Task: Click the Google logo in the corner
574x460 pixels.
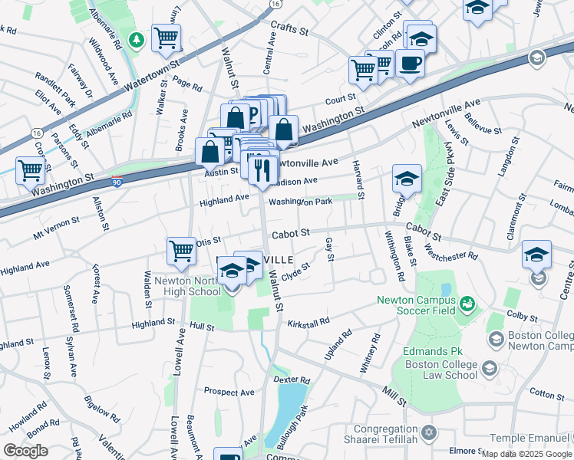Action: tap(25, 451)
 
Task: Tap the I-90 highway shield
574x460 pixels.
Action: tap(116, 182)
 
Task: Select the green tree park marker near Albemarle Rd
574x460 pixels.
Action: tap(137, 39)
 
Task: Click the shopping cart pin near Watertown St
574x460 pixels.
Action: tap(166, 37)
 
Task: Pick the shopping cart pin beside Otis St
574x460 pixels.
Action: tap(182, 250)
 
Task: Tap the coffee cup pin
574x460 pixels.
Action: tap(409, 63)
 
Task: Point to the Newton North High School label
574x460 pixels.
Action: tap(188, 286)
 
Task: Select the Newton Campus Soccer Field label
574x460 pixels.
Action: tap(416, 306)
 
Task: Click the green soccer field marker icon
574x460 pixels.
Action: tap(467, 306)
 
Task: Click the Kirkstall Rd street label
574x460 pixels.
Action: tap(308, 324)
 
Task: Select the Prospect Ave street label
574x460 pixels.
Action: tap(229, 392)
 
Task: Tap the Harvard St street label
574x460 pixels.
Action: tap(357, 176)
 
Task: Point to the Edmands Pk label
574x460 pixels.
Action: tap(430, 351)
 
